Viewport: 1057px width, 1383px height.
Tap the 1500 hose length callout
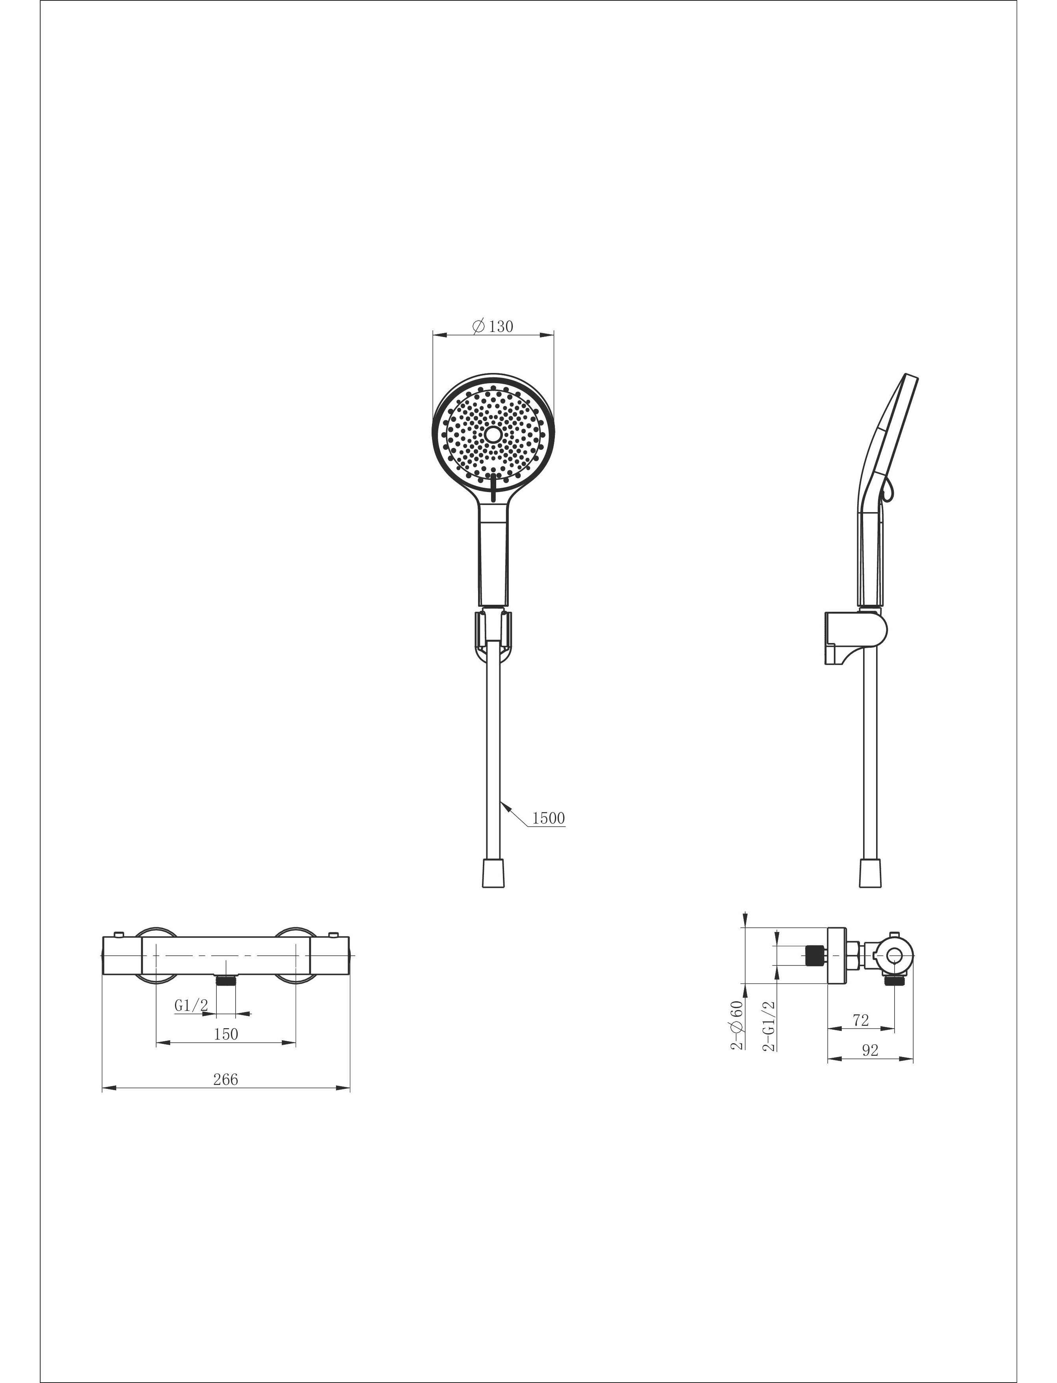click(x=549, y=818)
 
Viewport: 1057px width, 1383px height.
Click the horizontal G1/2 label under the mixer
click(x=191, y=1005)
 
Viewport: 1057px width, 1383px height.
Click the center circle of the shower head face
click(x=493, y=435)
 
